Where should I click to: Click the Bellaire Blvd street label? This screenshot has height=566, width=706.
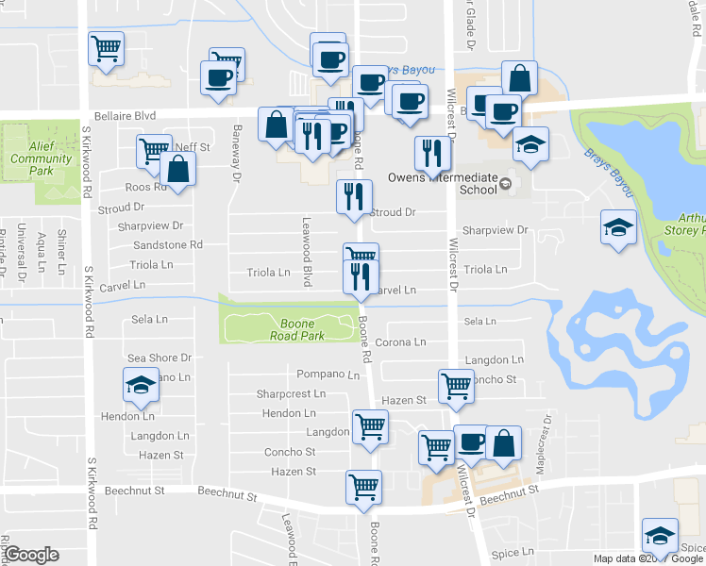pyautogui.click(x=132, y=115)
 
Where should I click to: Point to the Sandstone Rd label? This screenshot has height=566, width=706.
pyautogui.click(x=168, y=244)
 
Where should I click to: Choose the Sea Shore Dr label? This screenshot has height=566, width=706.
pyautogui.click(x=160, y=358)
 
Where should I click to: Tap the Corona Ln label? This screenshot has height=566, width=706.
pyautogui.click(x=401, y=341)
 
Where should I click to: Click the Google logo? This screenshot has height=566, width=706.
pyautogui.click(x=31, y=555)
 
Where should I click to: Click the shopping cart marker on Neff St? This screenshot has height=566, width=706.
pyautogui.click(x=153, y=150)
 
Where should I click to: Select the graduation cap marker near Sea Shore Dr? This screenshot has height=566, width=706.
pyautogui.click(x=140, y=384)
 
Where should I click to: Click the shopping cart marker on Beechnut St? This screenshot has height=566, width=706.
pyautogui.click(x=363, y=488)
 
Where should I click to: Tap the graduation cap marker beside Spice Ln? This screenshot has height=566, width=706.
pyautogui.click(x=660, y=535)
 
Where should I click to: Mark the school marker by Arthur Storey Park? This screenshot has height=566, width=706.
pyautogui.click(x=619, y=227)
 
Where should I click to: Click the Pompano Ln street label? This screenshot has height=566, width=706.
pyautogui.click(x=328, y=375)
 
